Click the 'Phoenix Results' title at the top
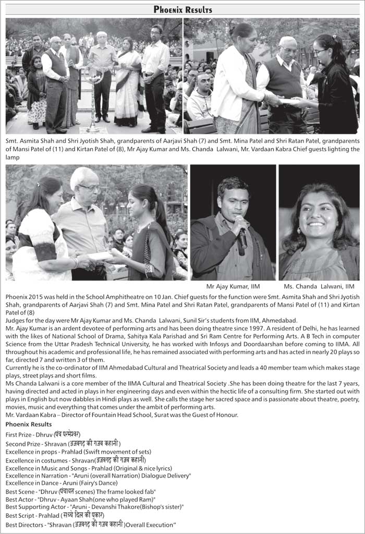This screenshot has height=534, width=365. [182, 10]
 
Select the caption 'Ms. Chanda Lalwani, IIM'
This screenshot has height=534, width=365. [319, 286]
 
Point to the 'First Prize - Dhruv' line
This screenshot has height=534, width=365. [43, 434]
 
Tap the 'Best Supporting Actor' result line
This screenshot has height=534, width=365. [94, 506]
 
